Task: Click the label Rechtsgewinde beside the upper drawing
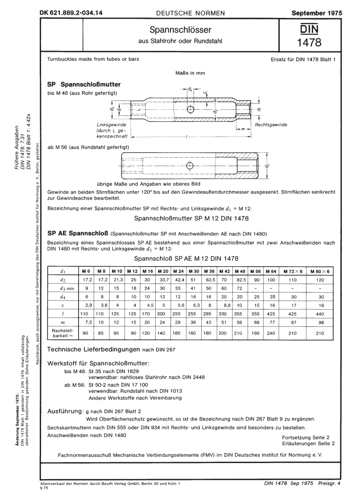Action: tap(271, 125)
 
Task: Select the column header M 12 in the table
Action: tap(132, 271)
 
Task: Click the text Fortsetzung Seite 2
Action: tap(306, 437)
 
